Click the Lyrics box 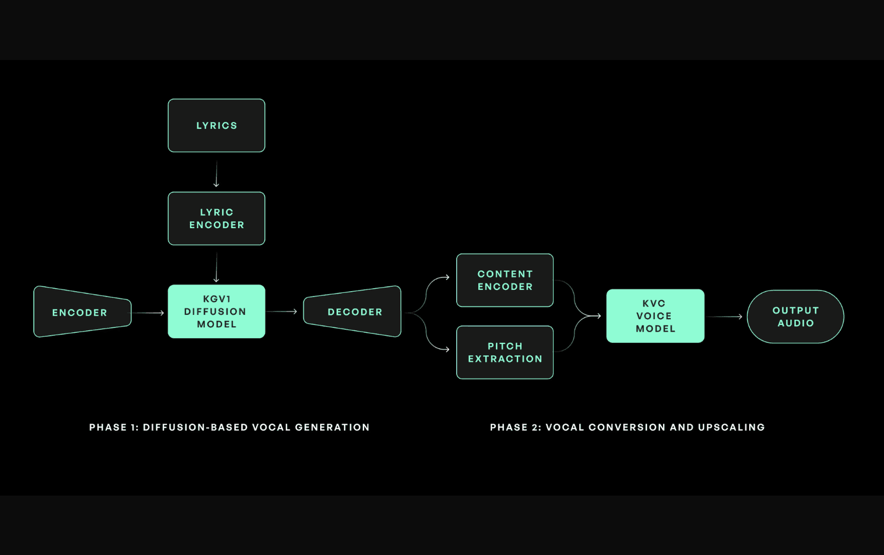point(216,125)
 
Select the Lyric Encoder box point(216,219)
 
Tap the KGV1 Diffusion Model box point(216,312)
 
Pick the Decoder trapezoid point(353,312)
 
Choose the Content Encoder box point(505,280)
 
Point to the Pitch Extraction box point(505,352)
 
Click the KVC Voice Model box point(655,316)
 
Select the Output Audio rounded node point(795,317)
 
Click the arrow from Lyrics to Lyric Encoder point(216,174)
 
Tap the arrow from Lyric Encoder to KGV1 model point(216,267)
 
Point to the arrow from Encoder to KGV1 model point(148,313)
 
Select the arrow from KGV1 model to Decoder point(282,311)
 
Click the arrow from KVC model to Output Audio point(725,317)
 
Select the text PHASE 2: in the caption point(515,427)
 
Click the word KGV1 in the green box point(217,299)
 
